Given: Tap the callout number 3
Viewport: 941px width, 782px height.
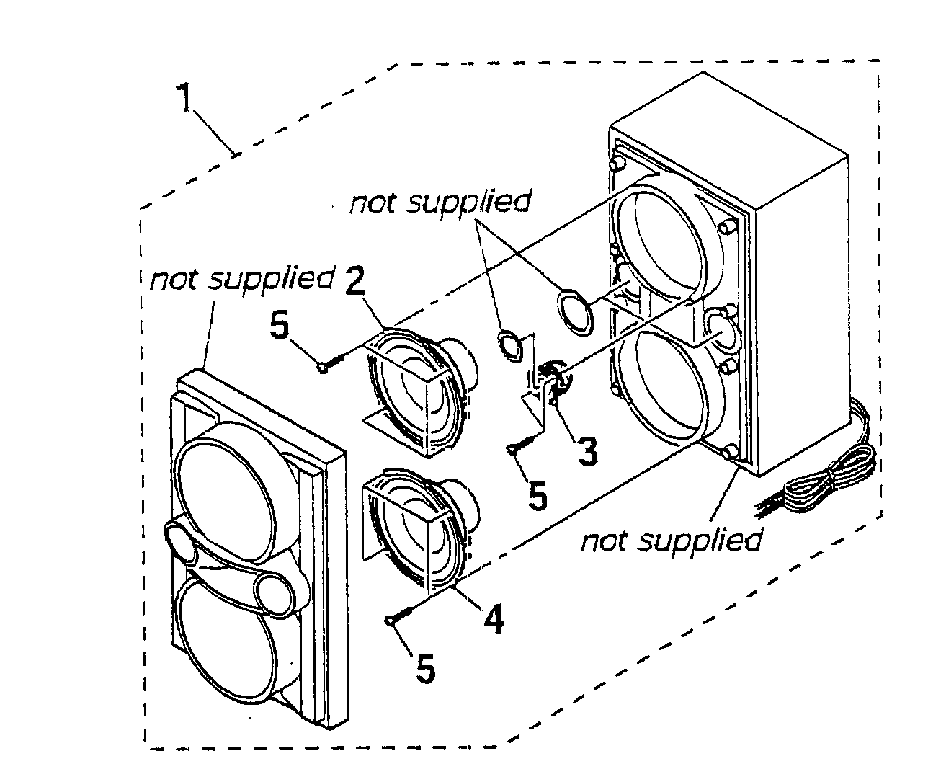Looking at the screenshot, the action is click(x=588, y=452).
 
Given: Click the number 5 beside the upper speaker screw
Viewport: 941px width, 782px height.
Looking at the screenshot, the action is click(x=279, y=326).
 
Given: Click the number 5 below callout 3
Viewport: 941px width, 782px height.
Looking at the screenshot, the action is click(x=538, y=497).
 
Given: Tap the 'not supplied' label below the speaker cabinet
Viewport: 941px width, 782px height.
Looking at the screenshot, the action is click(x=670, y=541).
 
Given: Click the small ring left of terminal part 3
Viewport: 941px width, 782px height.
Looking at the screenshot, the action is click(x=512, y=343).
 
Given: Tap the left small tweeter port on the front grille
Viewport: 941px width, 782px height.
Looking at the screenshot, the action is click(x=182, y=542).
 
